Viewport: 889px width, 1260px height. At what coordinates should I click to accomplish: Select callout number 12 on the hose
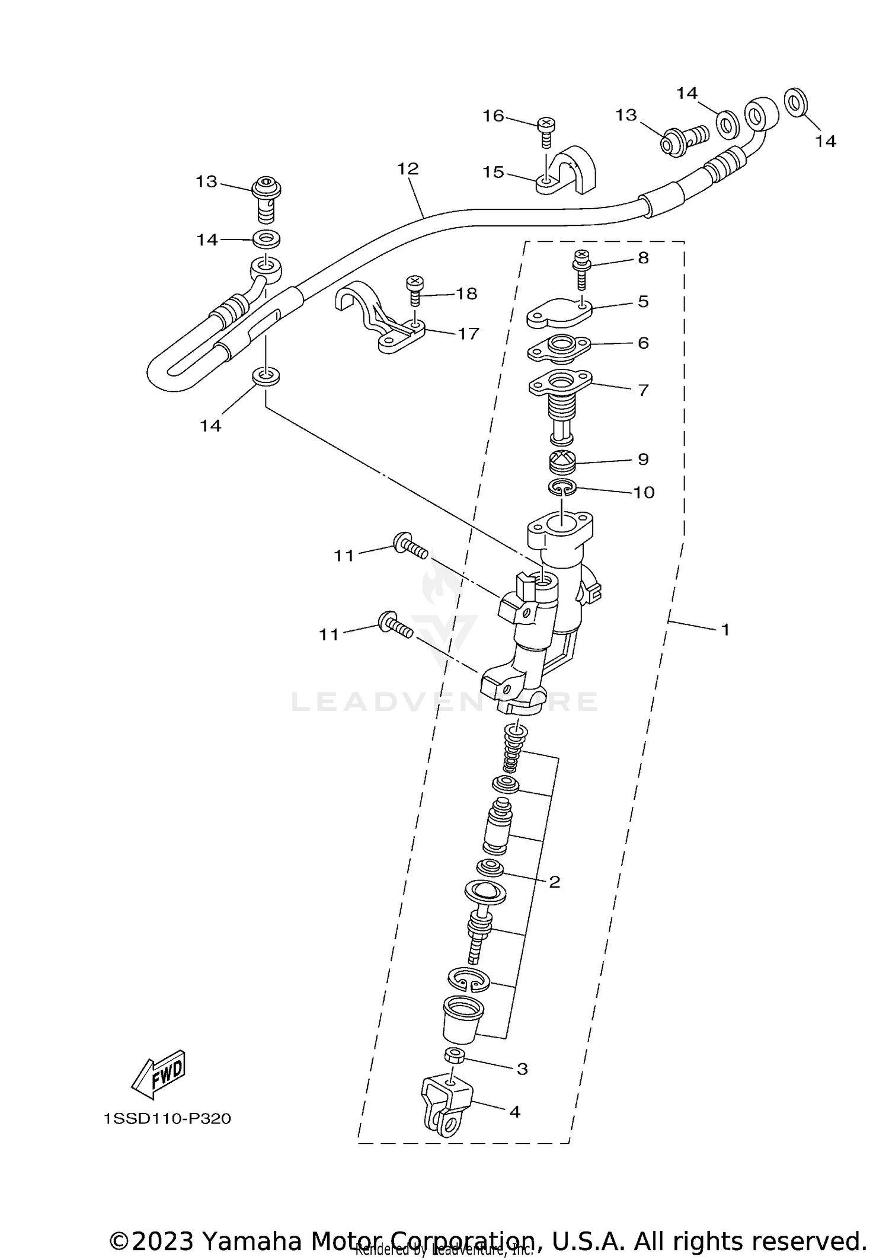[x=408, y=169]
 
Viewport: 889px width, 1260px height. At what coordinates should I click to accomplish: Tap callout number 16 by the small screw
[x=493, y=116]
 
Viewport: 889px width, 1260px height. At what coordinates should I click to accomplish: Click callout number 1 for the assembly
[x=725, y=630]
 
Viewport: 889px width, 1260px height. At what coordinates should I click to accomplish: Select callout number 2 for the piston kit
[x=554, y=899]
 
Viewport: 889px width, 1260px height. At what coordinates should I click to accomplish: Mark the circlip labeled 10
[x=561, y=487]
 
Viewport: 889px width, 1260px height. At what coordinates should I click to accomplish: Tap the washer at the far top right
[x=796, y=103]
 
